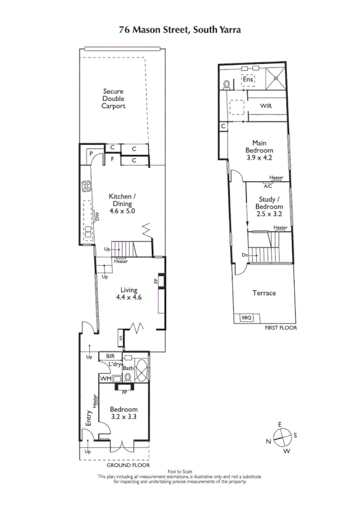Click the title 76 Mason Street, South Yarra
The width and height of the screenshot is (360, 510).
180,28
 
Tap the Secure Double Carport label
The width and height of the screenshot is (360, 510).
113,99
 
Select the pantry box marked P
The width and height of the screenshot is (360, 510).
91,154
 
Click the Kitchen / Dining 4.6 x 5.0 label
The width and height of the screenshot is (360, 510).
123,204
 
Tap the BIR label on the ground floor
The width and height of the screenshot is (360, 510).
110,356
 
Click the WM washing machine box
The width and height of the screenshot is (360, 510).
105,378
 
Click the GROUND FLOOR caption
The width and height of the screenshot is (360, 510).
127,465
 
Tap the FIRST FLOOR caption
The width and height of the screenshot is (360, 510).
281,328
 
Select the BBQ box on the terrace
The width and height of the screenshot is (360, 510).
246,318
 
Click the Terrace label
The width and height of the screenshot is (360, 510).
264,293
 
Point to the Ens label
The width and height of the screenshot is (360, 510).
247,79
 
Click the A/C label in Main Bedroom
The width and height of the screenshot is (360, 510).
267,186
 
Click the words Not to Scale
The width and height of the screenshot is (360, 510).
180,471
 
